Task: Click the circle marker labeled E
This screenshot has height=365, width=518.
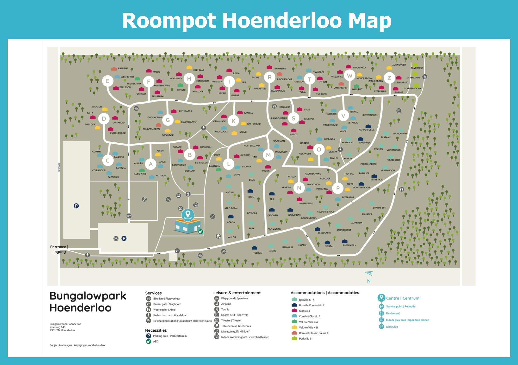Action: point(107,81)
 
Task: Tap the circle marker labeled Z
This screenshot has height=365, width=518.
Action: point(389,78)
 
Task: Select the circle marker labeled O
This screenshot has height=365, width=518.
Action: point(319,149)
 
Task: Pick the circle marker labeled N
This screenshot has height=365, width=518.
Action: point(299,188)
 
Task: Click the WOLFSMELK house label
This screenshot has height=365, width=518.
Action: point(359,68)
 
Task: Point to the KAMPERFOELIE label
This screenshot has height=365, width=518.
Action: point(366,130)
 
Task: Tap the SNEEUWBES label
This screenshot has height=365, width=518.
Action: point(349,245)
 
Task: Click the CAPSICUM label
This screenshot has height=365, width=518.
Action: point(113,177)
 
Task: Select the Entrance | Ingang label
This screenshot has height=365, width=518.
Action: point(59,249)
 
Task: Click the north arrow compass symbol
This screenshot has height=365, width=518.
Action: point(369,274)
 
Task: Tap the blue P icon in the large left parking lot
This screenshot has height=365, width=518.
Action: point(76,206)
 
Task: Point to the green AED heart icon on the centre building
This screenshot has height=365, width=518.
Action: point(200,232)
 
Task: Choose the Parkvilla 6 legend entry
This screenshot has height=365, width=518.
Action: point(305,339)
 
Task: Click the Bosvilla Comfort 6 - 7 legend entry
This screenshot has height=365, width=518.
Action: point(312,305)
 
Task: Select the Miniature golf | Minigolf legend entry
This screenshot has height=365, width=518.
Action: point(235,331)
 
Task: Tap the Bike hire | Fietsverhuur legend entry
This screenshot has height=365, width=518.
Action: point(167,298)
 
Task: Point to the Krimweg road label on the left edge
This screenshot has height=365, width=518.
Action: point(59,167)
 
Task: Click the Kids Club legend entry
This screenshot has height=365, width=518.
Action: point(392,327)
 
